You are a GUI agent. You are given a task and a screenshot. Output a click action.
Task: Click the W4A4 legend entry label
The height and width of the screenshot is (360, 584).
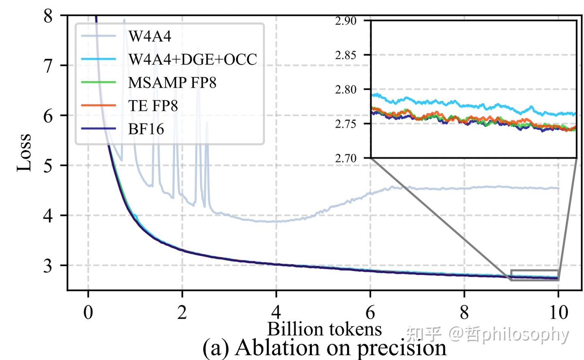tap(150, 36)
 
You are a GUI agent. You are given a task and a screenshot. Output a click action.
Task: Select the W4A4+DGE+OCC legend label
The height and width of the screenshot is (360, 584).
tap(193, 59)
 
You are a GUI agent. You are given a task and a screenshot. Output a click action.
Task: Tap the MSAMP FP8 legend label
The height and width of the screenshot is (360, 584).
tap(172, 82)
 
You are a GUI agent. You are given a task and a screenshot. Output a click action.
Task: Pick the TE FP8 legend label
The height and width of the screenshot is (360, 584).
tap(153, 106)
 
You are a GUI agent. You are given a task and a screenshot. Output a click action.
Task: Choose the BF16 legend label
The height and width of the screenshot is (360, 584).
tap(146, 129)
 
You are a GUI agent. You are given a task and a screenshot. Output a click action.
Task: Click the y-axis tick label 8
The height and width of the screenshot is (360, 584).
tap(48, 16)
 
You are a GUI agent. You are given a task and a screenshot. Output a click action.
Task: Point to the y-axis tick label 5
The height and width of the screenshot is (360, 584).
tap(48, 166)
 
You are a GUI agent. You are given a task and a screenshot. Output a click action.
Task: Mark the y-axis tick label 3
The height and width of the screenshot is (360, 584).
tap(48, 265)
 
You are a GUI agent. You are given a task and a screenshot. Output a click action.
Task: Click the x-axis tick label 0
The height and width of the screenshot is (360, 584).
tap(88, 313)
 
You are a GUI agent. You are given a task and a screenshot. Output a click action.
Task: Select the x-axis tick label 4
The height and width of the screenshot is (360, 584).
tap(276, 313)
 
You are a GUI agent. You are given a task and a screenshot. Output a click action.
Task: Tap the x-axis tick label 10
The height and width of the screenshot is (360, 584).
tap(558, 313)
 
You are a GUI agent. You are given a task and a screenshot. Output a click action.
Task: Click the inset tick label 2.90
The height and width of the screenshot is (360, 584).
tap(346, 21)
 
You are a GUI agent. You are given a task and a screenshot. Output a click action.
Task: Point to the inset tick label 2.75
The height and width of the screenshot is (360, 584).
tap(346, 124)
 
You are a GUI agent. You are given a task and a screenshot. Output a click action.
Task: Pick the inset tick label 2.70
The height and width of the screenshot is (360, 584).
tap(346, 158)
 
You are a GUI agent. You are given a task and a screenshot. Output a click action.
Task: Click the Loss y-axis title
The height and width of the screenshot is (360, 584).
tap(24, 152)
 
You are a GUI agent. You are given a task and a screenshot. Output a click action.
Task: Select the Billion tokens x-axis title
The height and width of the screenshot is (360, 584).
tap(324, 329)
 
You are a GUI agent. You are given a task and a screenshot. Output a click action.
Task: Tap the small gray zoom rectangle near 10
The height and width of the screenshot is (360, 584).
tap(535, 275)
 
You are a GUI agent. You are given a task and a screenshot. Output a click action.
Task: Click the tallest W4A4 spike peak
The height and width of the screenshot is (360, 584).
tap(124, 20)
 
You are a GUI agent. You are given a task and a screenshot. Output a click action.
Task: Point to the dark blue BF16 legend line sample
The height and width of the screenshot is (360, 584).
tap(99, 129)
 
